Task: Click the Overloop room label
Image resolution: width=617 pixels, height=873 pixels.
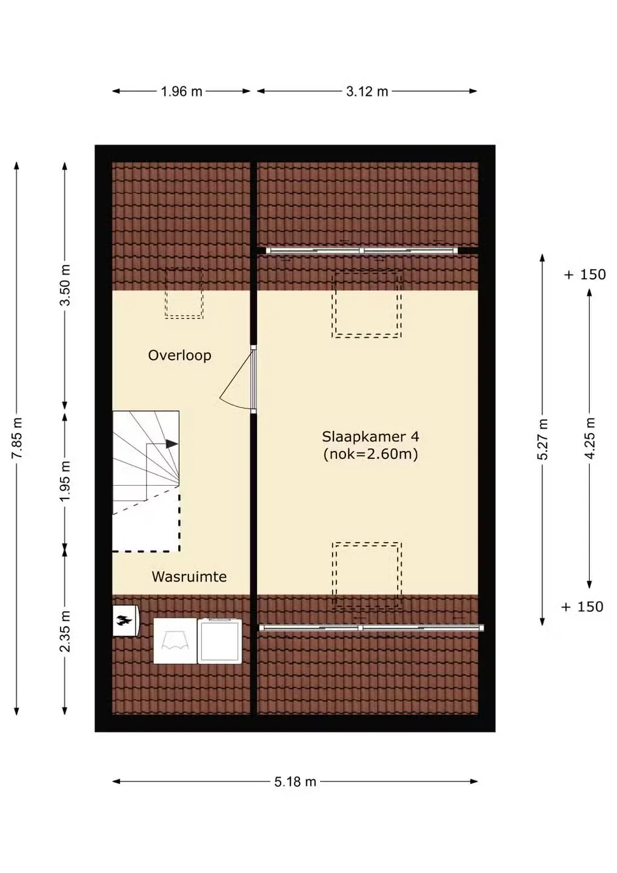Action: [x=179, y=355]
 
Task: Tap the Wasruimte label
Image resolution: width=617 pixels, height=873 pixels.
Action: [x=189, y=577]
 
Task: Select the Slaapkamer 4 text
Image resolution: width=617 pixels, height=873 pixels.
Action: [x=370, y=436]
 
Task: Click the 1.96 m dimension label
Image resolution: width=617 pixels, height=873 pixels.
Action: [x=181, y=92]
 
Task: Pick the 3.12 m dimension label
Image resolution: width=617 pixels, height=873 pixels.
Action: [x=367, y=92]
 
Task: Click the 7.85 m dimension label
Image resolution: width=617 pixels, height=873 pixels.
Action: [x=18, y=438]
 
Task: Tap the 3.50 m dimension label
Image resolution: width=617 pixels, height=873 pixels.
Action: [x=65, y=285]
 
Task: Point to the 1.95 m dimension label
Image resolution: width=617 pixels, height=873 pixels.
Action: [x=65, y=482]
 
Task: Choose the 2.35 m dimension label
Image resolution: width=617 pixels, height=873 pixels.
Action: [x=65, y=632]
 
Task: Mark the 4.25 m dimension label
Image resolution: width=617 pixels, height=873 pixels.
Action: [x=590, y=438]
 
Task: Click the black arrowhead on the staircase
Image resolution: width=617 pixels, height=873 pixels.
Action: [x=172, y=444]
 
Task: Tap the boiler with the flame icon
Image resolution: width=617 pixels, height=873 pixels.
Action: [x=125, y=621]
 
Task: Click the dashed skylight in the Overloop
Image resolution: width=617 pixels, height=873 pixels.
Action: [x=184, y=293]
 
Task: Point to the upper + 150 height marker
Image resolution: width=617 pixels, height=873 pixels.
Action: [x=585, y=275]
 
